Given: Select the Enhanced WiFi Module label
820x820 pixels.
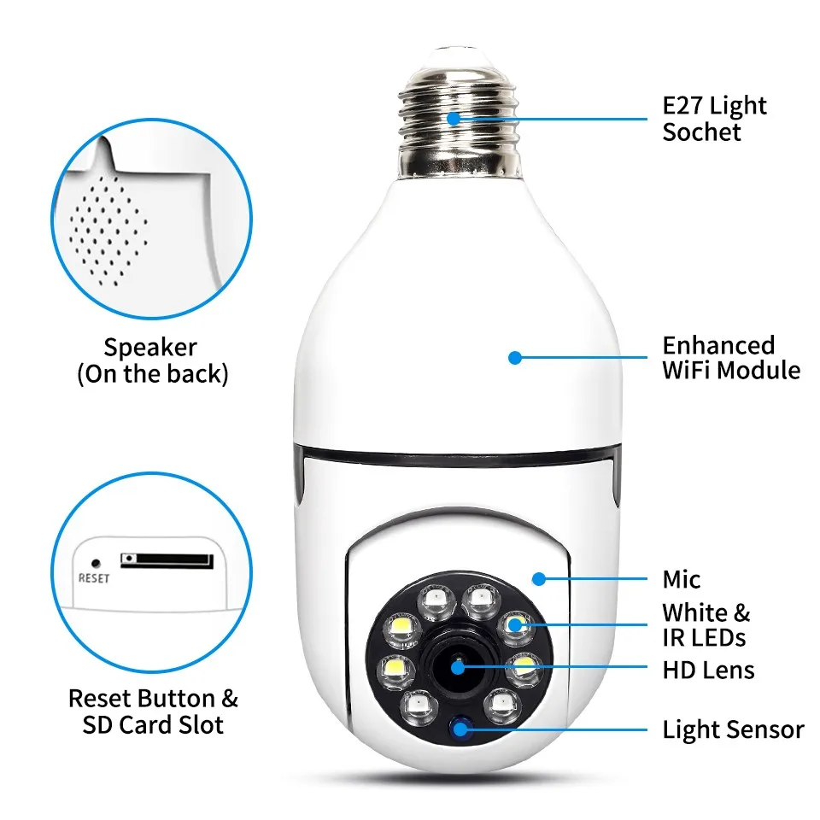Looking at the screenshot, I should click(731, 358).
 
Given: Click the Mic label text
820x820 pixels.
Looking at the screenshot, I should click(682, 580).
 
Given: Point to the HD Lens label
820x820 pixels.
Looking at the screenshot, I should click(708, 670).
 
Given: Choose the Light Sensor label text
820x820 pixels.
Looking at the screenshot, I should click(733, 730).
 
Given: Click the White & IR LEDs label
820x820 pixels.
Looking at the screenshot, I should click(706, 625).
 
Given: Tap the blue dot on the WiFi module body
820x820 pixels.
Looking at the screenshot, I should click(514, 358).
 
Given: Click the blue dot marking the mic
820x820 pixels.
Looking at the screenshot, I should click(538, 579).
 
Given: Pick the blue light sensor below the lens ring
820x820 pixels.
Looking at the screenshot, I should click(463, 729).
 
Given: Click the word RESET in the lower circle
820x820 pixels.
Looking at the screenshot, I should click(94, 578).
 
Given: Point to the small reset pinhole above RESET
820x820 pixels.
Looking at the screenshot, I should click(96, 564).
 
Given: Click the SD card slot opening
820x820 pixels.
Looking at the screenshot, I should click(167, 560).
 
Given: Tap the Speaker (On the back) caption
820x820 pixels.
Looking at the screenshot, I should click(152, 360).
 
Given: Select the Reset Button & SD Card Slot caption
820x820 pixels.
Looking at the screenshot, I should click(153, 712).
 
